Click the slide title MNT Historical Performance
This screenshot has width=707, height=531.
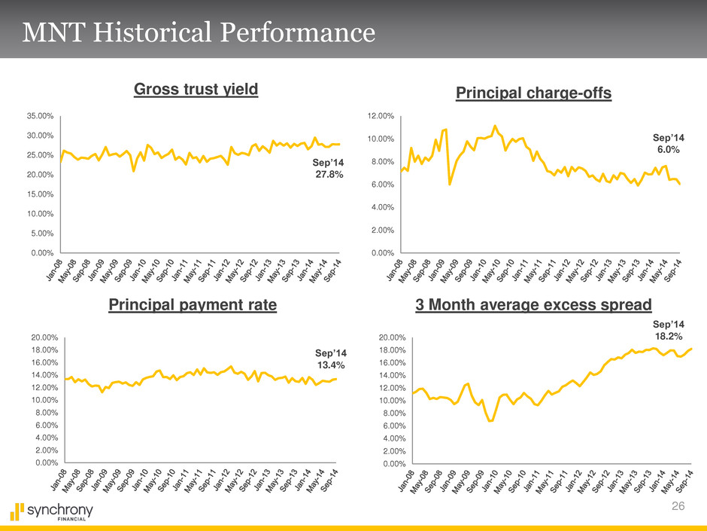click(x=199, y=32)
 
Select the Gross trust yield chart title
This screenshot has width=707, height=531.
click(x=196, y=90)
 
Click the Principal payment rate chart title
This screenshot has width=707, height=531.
click(x=193, y=305)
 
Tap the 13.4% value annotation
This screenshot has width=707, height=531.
click(x=330, y=359)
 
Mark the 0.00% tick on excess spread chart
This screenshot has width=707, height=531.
click(x=393, y=463)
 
